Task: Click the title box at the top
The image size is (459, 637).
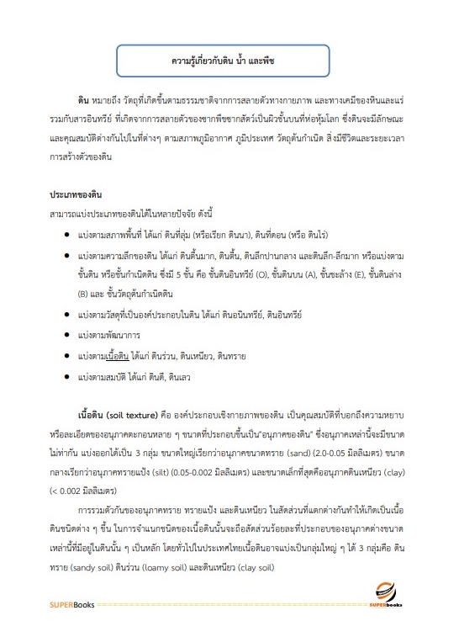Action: [229, 62]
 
